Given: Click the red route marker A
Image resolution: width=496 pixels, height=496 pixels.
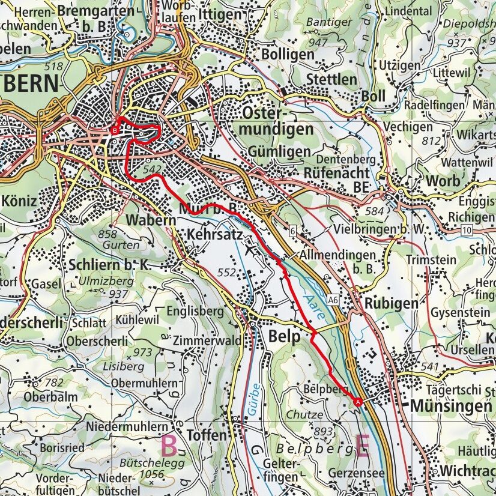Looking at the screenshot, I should point(358,402).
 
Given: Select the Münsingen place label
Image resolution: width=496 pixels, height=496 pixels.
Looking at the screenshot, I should point(450,407).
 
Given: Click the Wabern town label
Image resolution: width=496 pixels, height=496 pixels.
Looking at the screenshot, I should point(151,220).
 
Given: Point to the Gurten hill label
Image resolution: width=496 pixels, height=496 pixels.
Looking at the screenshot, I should point(120,245).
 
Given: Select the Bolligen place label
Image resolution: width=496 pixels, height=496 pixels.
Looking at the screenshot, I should point(288,55).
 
